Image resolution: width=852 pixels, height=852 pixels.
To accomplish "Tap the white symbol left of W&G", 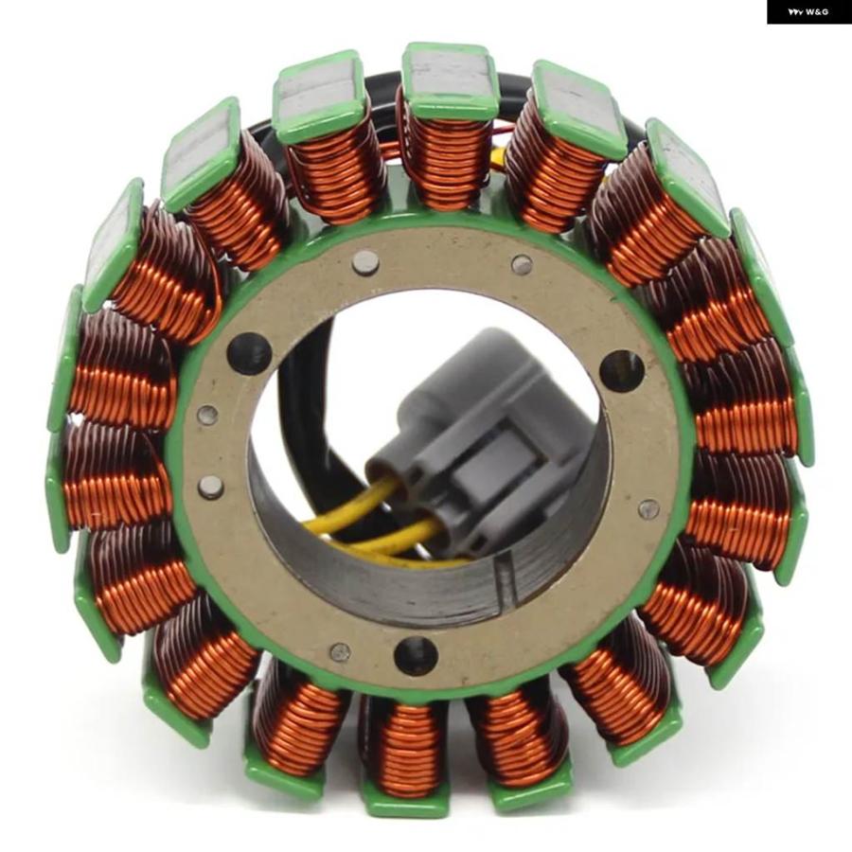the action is tap(796, 12).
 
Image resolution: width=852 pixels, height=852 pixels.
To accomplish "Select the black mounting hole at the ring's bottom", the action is tap(416, 655).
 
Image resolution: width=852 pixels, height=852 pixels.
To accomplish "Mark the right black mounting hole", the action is tap(622, 372).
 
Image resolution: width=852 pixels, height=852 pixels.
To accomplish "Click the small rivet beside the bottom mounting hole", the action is tap(341, 652).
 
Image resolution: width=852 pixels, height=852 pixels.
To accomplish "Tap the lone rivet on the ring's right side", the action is tap(648, 508).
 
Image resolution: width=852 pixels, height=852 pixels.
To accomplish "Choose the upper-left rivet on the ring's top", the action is tap(365, 262).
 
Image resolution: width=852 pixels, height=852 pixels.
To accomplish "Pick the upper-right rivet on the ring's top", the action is tap(523, 265).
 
